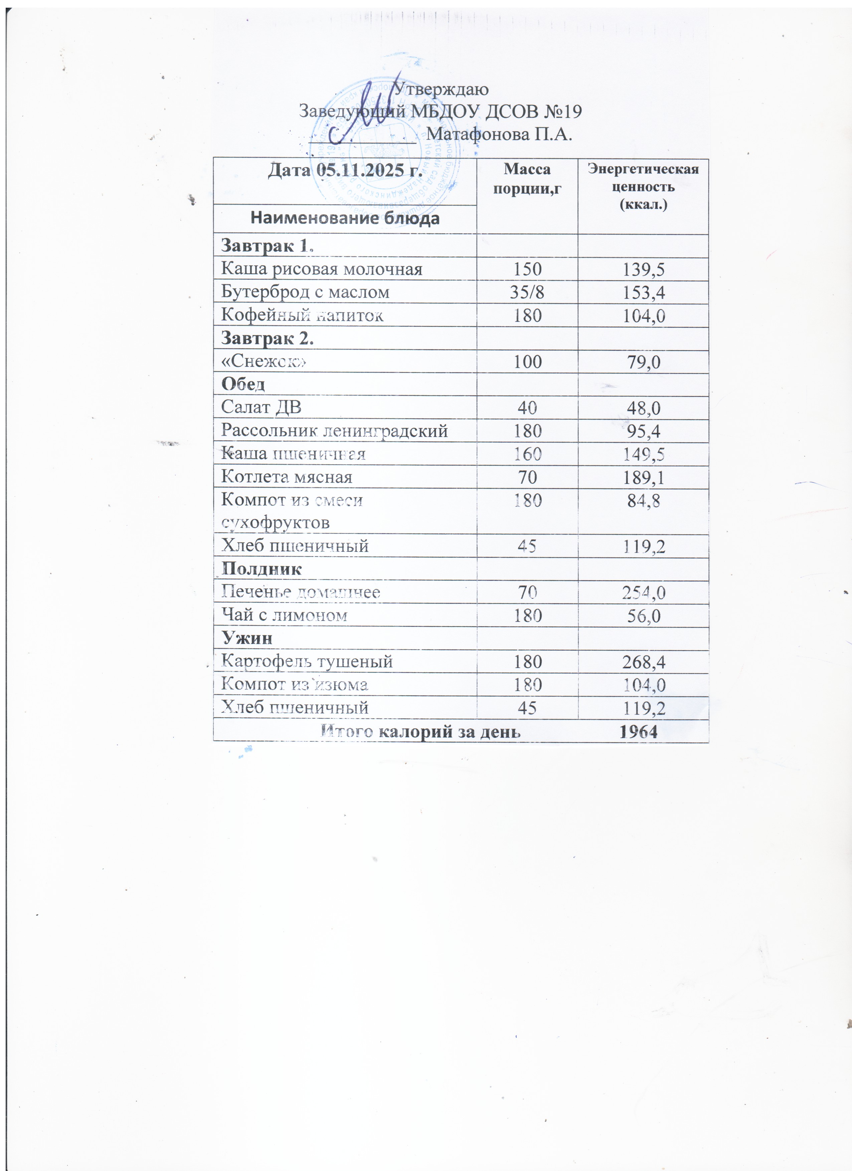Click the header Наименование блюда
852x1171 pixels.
pos(345,218)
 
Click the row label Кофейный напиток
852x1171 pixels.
pos(302,315)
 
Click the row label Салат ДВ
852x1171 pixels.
pos(261,407)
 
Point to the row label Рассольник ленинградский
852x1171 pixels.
pos(334,431)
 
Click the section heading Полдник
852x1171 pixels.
pos(262,569)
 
